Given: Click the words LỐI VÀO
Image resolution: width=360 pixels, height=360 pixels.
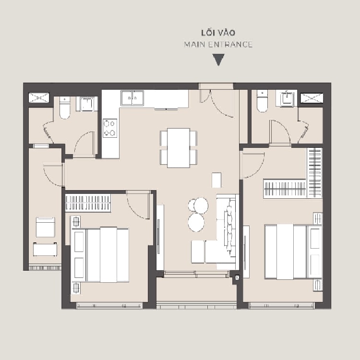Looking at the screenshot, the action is (x=218, y=33).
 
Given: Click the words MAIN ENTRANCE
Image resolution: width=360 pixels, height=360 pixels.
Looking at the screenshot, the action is (x=218, y=44).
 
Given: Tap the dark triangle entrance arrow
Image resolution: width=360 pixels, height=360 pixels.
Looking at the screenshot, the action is (x=218, y=60).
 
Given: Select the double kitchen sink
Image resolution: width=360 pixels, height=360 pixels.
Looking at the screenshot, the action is (x=132, y=98).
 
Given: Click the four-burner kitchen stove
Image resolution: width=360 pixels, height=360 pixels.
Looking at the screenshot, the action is (x=110, y=128).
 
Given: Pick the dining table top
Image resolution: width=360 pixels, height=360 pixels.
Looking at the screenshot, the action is (x=179, y=148).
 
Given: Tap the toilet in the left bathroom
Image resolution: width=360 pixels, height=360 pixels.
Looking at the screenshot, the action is (x=65, y=108).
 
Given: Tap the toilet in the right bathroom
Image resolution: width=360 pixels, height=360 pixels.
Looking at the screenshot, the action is (x=262, y=101).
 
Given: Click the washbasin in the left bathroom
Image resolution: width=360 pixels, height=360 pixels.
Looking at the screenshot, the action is (x=87, y=104).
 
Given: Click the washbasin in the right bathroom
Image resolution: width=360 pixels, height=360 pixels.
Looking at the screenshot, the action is (x=287, y=98).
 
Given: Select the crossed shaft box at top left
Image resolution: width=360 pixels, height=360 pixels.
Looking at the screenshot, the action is (x=39, y=97).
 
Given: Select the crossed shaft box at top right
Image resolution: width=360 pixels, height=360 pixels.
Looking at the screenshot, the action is (x=312, y=98).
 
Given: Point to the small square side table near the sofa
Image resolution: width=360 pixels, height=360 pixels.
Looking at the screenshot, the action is (x=216, y=180).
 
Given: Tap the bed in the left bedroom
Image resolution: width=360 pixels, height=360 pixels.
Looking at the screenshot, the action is (x=100, y=255).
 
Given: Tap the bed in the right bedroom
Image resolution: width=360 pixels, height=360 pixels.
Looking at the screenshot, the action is (x=293, y=252).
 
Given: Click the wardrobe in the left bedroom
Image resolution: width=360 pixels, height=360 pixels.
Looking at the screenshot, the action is (x=88, y=203).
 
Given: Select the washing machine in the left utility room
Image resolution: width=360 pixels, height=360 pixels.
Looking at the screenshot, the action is (x=46, y=227).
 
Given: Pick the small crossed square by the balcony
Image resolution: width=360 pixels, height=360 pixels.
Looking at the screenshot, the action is (x=237, y=277).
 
